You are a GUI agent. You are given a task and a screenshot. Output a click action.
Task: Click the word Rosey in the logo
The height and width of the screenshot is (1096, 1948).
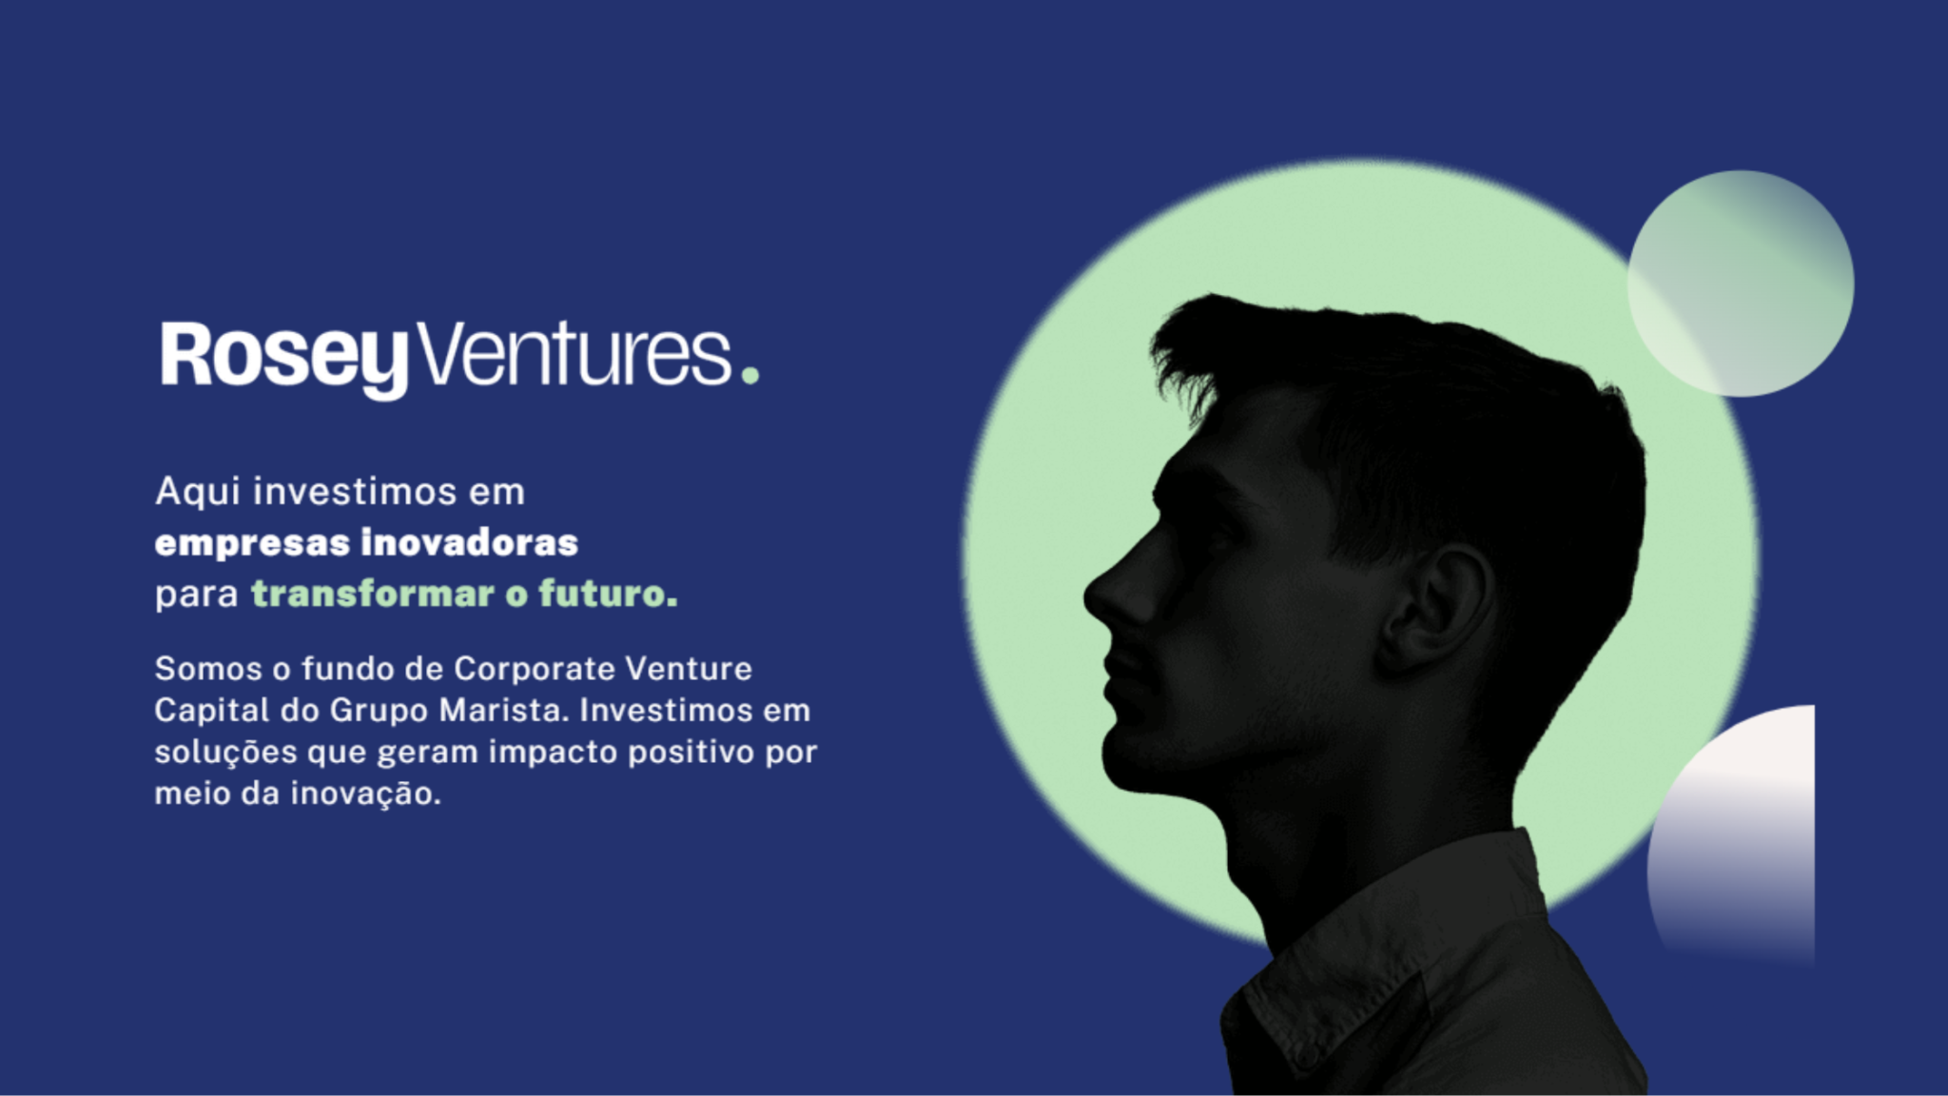pyautogui.click(x=284, y=358)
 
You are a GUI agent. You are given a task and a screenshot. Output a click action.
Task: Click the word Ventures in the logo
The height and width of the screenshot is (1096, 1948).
pyautogui.click(x=575, y=354)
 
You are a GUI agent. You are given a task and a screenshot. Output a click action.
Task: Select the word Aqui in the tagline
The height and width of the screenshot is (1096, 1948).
pyautogui.click(x=198, y=493)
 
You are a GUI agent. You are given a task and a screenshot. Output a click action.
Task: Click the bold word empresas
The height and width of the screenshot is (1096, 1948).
pyautogui.click(x=252, y=543)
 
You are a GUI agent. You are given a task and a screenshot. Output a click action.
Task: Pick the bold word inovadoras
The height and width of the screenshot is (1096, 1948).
pyautogui.click(x=470, y=542)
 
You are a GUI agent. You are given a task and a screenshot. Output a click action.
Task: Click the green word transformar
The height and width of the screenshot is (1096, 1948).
pyautogui.click(x=373, y=594)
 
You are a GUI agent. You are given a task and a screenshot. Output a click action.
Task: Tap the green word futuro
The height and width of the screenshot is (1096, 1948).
pyautogui.click(x=608, y=594)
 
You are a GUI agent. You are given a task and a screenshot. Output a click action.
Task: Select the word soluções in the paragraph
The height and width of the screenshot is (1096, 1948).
pyautogui.click(x=225, y=753)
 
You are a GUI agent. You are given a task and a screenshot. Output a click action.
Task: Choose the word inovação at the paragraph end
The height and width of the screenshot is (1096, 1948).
pyautogui.click(x=365, y=794)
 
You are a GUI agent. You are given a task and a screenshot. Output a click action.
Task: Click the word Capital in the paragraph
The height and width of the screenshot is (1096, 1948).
pyautogui.click(x=212, y=711)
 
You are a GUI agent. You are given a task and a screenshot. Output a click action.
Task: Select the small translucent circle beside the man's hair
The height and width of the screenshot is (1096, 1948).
pyautogui.click(x=1741, y=284)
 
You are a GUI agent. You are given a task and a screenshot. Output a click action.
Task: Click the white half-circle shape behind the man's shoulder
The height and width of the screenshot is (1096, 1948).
pyautogui.click(x=1733, y=837)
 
